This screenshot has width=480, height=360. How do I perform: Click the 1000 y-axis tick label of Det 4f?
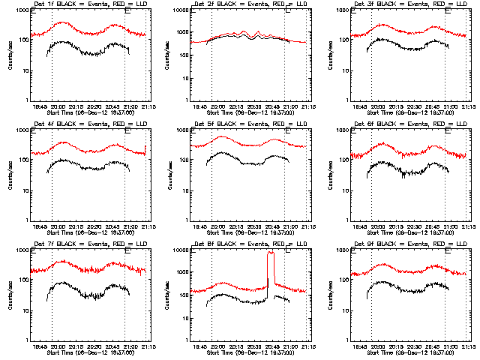(x=22, y=130)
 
